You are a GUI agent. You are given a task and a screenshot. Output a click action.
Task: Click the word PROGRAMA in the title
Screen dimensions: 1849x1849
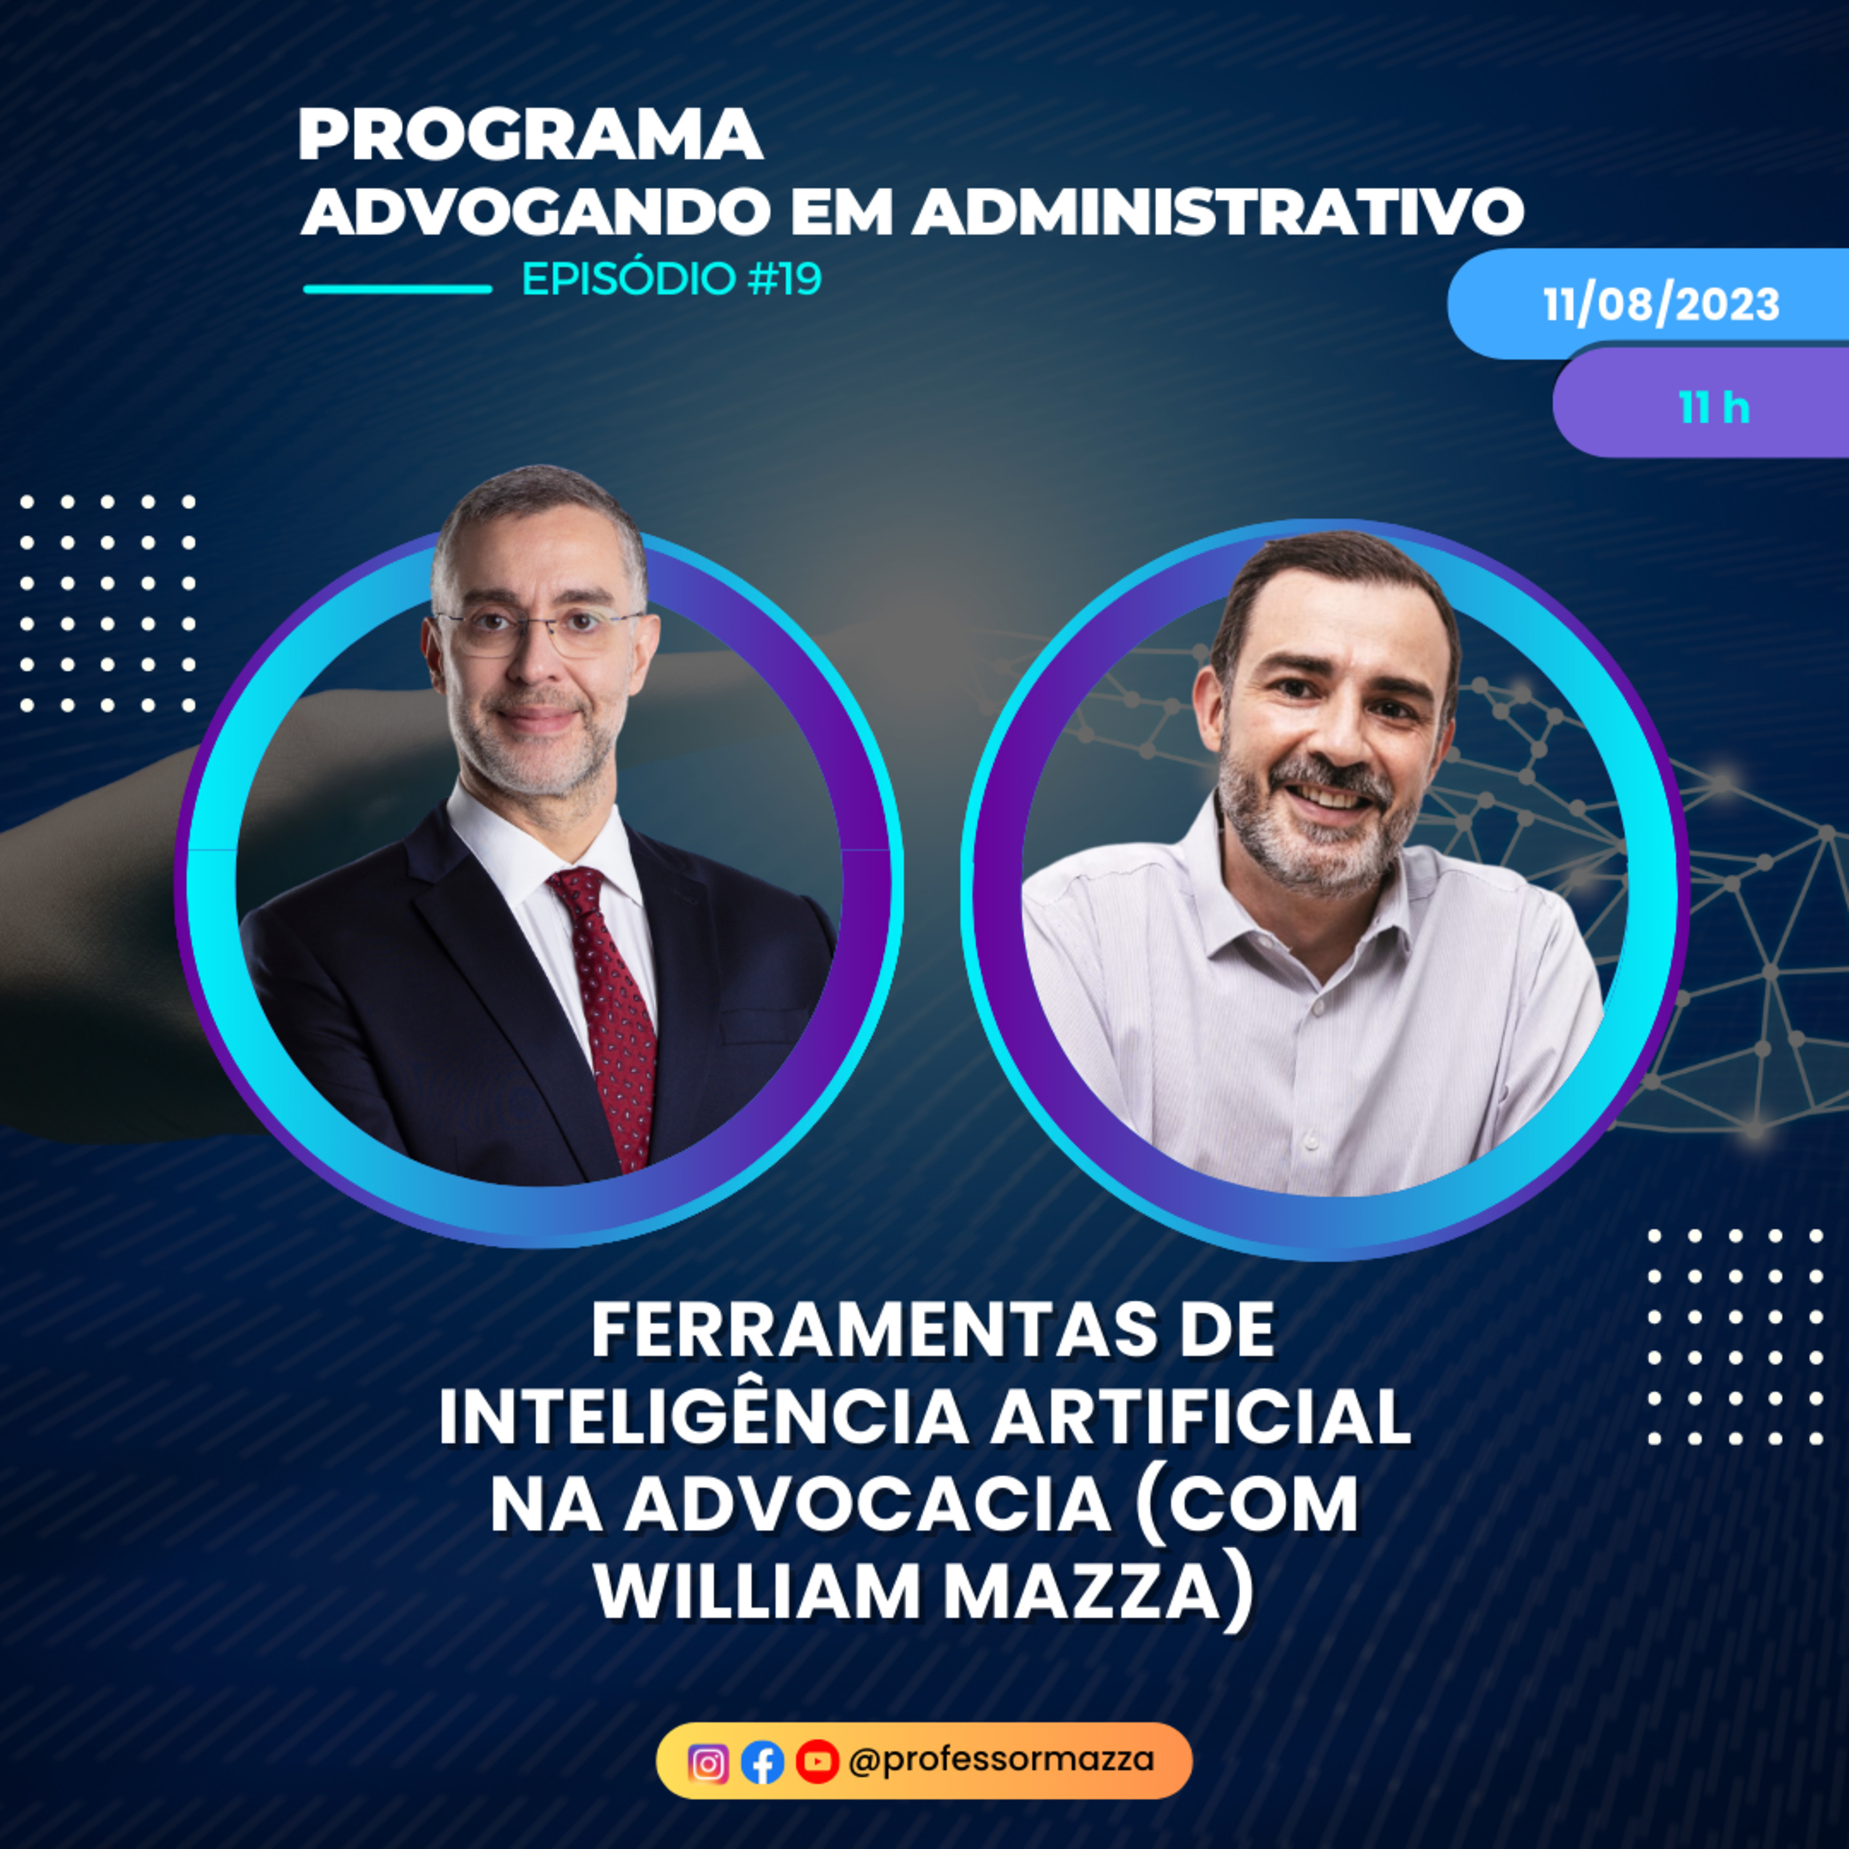[530, 135]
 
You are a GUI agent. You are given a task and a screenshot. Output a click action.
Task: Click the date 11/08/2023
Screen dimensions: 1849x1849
[1660, 304]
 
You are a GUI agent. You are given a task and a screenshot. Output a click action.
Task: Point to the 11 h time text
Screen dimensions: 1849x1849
[1714, 407]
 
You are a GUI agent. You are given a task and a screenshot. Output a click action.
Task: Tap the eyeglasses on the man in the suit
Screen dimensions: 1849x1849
[536, 632]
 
